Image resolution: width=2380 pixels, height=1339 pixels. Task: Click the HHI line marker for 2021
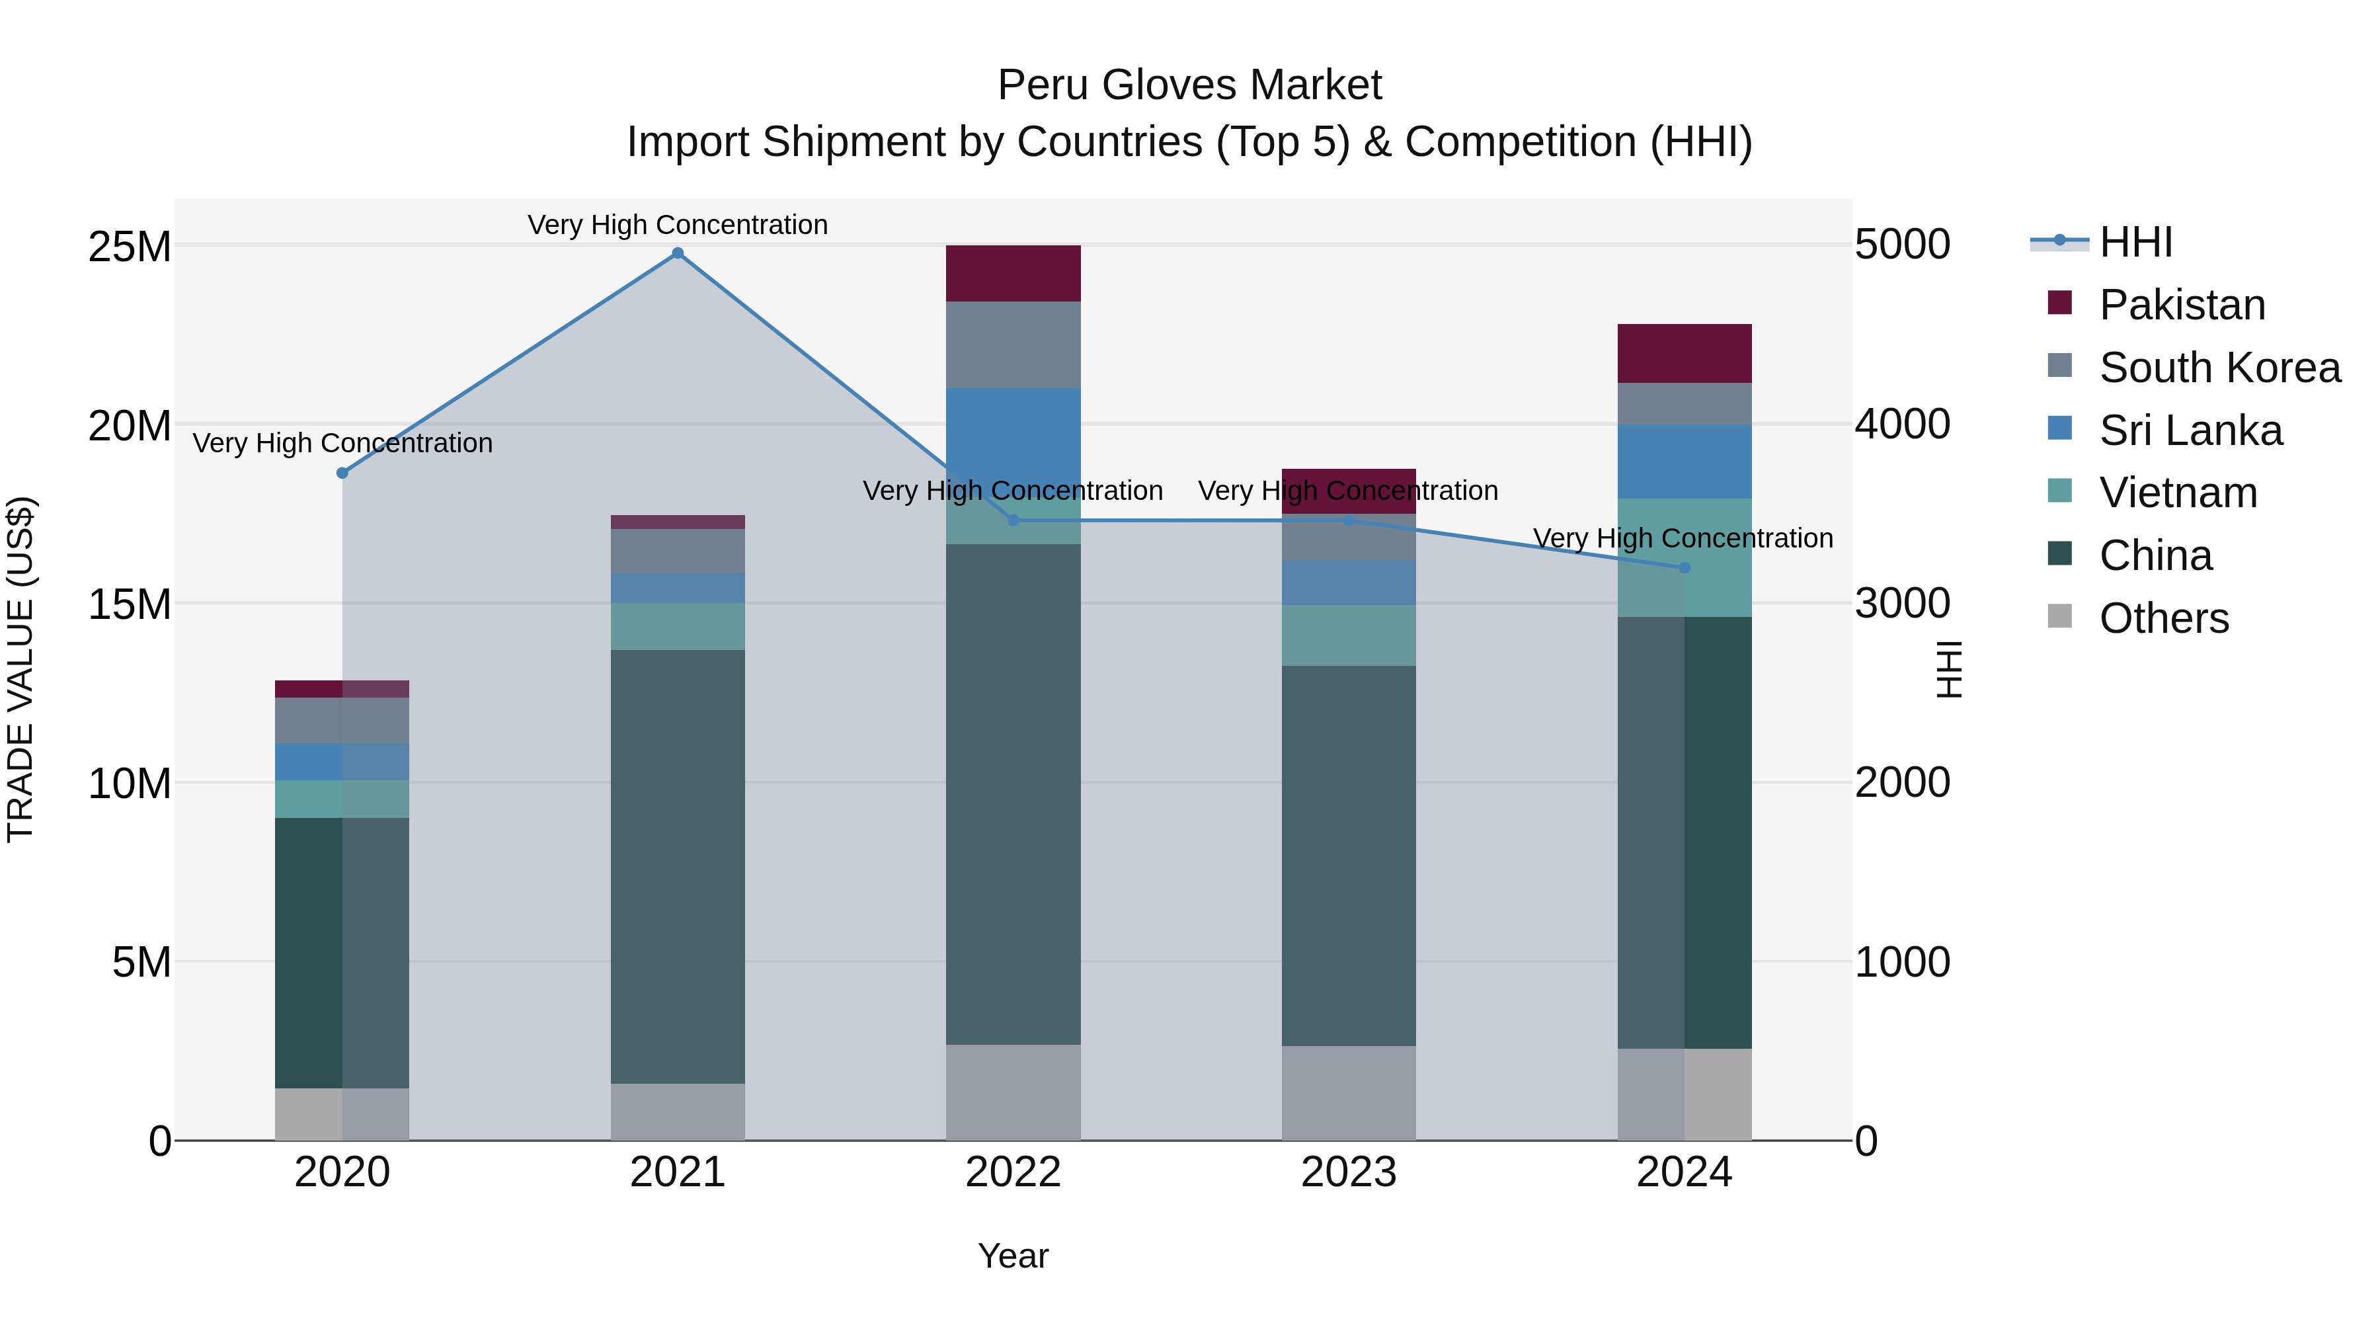pyautogui.click(x=677, y=253)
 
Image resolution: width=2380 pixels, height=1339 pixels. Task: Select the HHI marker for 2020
pyautogui.click(x=342, y=473)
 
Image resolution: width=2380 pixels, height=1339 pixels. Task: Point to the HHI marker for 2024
pyautogui.click(x=1683, y=568)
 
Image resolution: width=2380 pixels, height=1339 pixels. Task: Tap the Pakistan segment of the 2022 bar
pyautogui.click(x=1013, y=274)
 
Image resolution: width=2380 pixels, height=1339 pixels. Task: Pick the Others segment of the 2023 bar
pyautogui.click(x=1348, y=1092)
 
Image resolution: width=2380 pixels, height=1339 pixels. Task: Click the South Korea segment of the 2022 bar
pyautogui.click(x=1013, y=345)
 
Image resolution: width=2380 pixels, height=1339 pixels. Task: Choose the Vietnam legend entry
pyautogui.click(x=2178, y=493)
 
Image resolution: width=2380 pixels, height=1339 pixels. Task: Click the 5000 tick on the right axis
pyautogui.click(x=1902, y=245)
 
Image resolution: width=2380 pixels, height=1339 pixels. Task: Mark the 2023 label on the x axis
pyautogui.click(x=1348, y=1172)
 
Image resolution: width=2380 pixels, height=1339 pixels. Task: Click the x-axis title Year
pyautogui.click(x=1013, y=1256)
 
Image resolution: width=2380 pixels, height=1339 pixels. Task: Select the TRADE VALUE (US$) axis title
pyautogui.click(x=20, y=669)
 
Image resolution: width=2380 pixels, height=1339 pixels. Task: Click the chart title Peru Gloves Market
pyautogui.click(x=1189, y=85)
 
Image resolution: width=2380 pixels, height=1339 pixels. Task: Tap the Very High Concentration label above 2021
pyautogui.click(x=677, y=225)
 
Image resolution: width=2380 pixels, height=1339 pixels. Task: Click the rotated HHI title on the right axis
pyautogui.click(x=1948, y=669)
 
